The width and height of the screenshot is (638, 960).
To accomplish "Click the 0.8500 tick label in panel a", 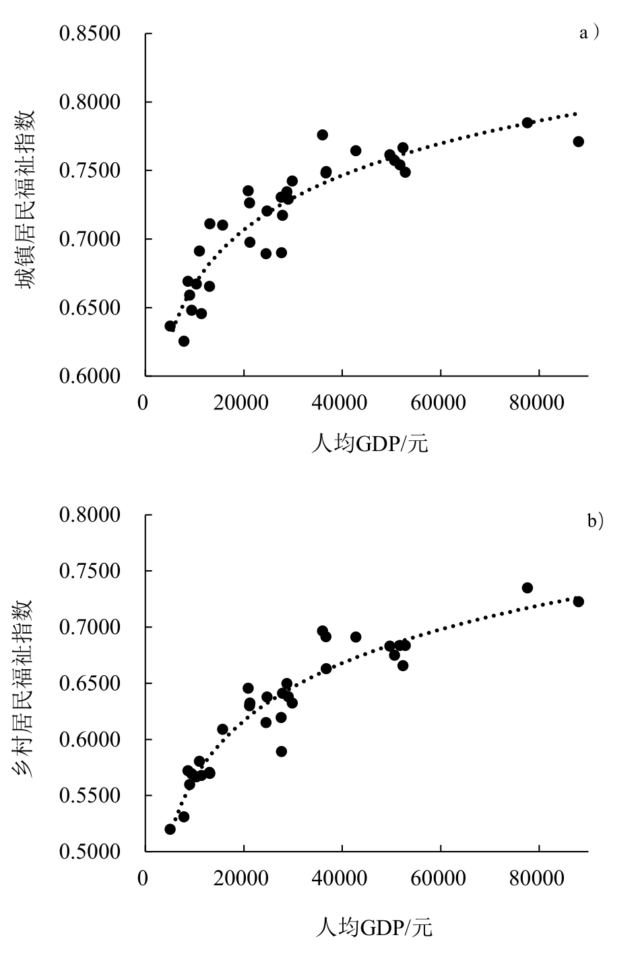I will [x=89, y=34].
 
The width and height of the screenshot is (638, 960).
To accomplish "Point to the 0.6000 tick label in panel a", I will [x=89, y=376].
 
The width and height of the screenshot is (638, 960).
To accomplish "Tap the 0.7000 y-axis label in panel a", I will [x=89, y=239].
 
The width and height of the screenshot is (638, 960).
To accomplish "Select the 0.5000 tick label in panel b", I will [x=89, y=852].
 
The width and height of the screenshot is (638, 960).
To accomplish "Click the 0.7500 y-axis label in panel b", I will [x=89, y=571].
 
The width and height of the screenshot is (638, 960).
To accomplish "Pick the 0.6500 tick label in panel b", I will [x=89, y=683].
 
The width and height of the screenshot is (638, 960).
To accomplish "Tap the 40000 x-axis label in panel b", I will [x=342, y=879].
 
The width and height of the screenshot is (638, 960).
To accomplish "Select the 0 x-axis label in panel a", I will [x=143, y=403].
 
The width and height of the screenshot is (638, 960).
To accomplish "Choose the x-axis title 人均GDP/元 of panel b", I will [x=374, y=928].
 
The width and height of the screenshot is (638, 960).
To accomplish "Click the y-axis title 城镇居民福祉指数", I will [x=26, y=199].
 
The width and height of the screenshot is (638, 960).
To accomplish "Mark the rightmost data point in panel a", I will [x=578, y=141].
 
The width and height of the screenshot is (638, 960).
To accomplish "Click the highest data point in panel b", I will [x=528, y=588].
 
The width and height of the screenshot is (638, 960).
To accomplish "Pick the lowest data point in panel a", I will [x=184, y=341].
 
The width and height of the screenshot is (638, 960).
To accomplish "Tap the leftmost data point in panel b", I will [x=170, y=829].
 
